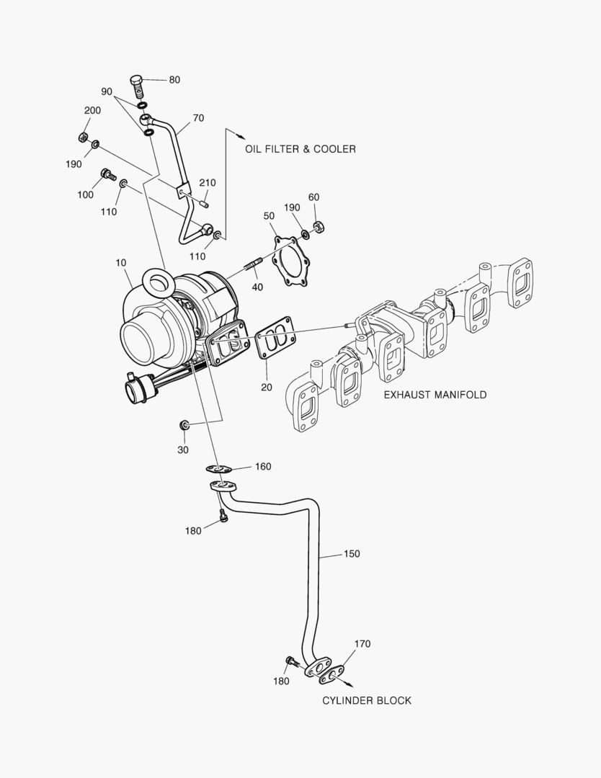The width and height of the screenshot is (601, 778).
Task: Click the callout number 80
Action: tap(174, 80)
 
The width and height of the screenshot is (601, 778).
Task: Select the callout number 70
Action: tap(198, 117)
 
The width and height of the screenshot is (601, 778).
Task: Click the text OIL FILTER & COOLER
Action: tap(300, 149)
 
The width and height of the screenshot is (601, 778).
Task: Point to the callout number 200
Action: tap(92, 110)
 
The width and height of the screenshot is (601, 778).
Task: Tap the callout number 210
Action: tap(207, 183)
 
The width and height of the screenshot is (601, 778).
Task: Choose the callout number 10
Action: tap(122, 263)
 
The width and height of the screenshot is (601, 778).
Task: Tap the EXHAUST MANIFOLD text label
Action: tap(435, 395)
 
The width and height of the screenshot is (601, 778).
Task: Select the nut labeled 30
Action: tap(184, 424)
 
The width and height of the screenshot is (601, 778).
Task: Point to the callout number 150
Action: tap(351, 554)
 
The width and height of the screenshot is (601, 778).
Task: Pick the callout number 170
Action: tap(362, 644)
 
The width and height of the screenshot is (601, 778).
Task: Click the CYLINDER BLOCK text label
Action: tap(367, 700)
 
